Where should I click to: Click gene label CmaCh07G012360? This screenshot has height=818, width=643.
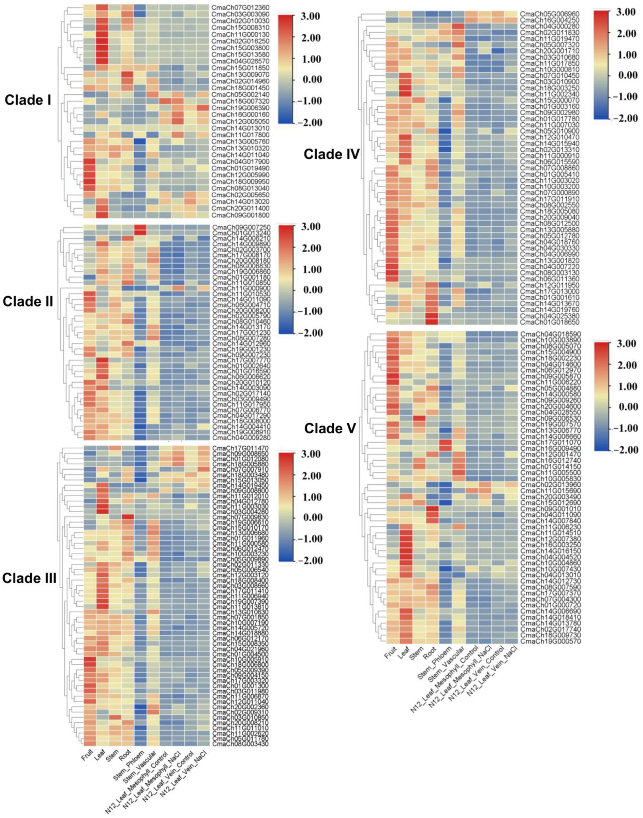[x=240, y=7]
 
